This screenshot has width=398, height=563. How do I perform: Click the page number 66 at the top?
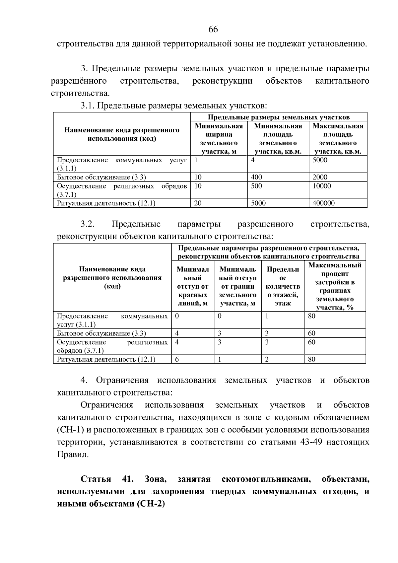[x=213, y=30]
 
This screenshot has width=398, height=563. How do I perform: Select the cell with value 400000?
[x=323, y=203]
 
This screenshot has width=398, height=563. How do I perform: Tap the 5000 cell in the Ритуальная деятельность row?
[x=258, y=203]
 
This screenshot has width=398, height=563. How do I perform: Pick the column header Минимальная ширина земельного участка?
[x=219, y=139]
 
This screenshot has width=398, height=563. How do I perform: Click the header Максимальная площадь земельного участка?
[x=338, y=139]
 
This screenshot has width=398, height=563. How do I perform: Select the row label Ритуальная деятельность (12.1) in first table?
[x=106, y=203]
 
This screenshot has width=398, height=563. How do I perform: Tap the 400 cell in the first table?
[x=256, y=177]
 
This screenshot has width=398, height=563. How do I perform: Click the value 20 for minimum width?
[x=198, y=203]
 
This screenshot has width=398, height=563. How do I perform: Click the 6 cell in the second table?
[x=177, y=359]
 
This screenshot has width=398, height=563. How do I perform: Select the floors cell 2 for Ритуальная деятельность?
[x=267, y=359]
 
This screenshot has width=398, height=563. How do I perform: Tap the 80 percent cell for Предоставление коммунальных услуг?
[x=311, y=316]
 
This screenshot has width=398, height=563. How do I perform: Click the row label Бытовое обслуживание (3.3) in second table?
[x=101, y=333]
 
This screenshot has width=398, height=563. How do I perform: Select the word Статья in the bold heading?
[x=96, y=479]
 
